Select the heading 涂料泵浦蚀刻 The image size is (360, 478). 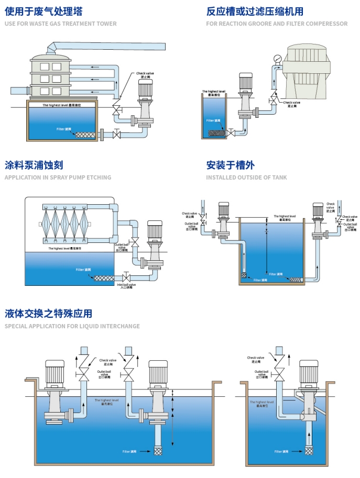coord(34,165)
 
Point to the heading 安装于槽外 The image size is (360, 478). coord(231,165)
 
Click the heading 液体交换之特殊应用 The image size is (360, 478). coord(48,314)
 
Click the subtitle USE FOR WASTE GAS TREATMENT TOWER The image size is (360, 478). coord(60,24)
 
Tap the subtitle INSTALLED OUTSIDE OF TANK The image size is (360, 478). coord(246,177)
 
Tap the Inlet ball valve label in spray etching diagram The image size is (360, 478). coord(127,286)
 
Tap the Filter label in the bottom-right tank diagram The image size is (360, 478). coord(281,451)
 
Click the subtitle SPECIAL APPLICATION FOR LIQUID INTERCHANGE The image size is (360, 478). coord(72,326)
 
